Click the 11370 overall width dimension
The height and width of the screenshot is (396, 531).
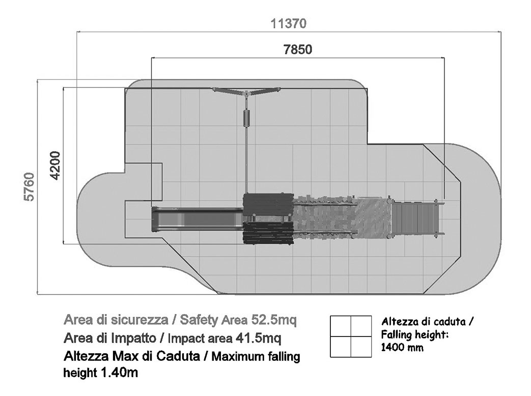pos(289,24)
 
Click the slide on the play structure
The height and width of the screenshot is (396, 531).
pos(196,219)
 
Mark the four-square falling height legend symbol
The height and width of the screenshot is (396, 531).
pos(350,336)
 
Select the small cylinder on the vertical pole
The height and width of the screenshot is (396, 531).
pos(247,119)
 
